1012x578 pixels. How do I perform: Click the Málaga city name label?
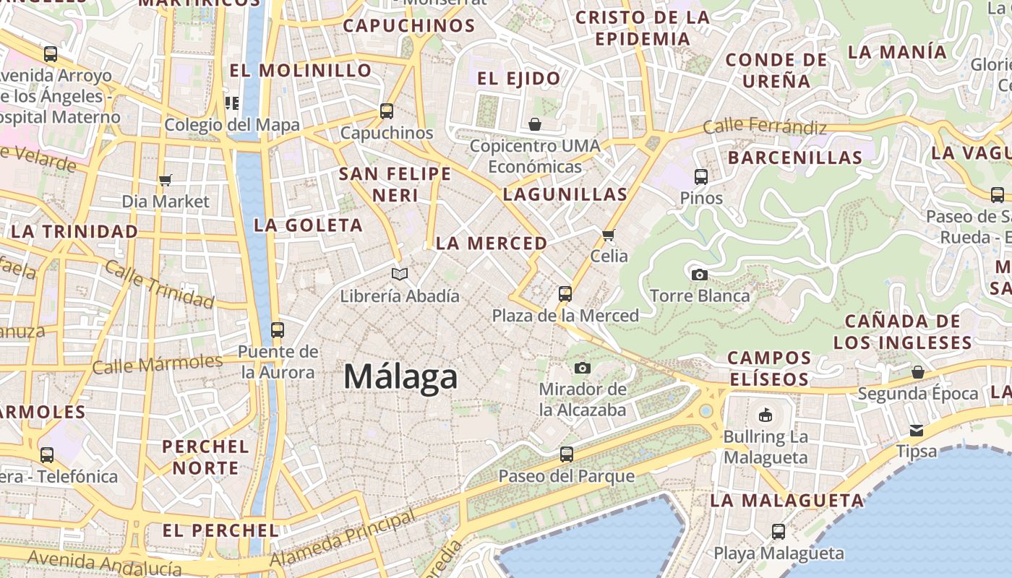click(400, 377)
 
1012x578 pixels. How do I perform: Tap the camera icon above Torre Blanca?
click(699, 275)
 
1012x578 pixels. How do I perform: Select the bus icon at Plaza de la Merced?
click(565, 294)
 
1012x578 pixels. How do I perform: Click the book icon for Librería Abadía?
click(400, 274)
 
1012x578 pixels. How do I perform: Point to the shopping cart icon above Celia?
click(609, 235)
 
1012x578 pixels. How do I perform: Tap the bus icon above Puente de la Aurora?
click(277, 330)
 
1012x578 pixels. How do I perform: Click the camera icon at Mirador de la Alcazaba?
click(582, 368)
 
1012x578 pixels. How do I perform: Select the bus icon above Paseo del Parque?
click(567, 454)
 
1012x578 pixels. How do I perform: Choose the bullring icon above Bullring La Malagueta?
click(765, 415)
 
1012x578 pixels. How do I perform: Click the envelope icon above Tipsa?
click(917, 431)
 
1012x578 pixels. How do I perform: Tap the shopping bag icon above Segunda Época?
click(917, 372)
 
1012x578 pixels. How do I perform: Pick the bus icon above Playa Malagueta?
click(779, 532)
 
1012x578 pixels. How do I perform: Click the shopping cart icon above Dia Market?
click(166, 180)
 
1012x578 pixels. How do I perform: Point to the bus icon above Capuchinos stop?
click(387, 111)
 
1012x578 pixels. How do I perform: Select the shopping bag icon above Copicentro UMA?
click(535, 124)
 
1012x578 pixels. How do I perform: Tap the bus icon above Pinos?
click(700, 176)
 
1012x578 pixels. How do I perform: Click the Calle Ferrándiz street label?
click(765, 127)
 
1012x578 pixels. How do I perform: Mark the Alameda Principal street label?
click(343, 538)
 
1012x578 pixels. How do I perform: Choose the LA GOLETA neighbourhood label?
click(309, 225)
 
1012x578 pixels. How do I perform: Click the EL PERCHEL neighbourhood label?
click(220, 530)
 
